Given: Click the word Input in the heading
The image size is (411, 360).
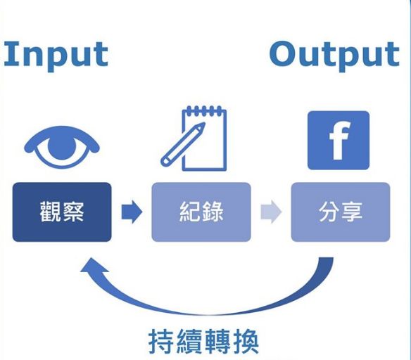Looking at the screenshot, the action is [56, 56].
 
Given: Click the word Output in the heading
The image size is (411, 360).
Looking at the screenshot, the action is [334, 56].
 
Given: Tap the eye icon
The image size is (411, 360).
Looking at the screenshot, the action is [62, 147].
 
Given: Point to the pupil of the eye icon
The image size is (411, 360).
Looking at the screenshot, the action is [62, 146].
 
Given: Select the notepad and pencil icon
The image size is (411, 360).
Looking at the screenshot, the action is [194, 139].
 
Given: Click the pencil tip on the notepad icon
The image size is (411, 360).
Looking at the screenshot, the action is [203, 124].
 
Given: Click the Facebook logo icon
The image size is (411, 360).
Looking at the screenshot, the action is [339, 141].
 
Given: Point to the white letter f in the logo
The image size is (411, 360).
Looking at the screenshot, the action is [339, 141].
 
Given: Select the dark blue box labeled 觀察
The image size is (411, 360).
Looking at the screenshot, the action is [62, 212].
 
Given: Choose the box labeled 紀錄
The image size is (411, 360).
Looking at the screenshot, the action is [201, 212].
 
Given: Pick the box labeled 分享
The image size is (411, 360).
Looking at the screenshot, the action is [341, 212].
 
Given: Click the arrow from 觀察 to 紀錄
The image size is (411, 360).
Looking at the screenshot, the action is [132, 212].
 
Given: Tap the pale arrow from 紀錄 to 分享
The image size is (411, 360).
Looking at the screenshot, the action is [271, 212].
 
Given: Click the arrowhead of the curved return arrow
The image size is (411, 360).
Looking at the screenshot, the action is [92, 266].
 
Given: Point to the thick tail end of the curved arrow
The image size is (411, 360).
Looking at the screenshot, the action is [326, 259].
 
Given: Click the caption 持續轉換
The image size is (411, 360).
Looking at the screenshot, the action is [203, 342].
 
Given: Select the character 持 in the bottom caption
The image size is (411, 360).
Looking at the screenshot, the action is [161, 342].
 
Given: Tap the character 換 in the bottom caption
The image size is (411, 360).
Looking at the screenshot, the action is [246, 342].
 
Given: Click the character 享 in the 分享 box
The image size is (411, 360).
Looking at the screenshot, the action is [352, 212].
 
